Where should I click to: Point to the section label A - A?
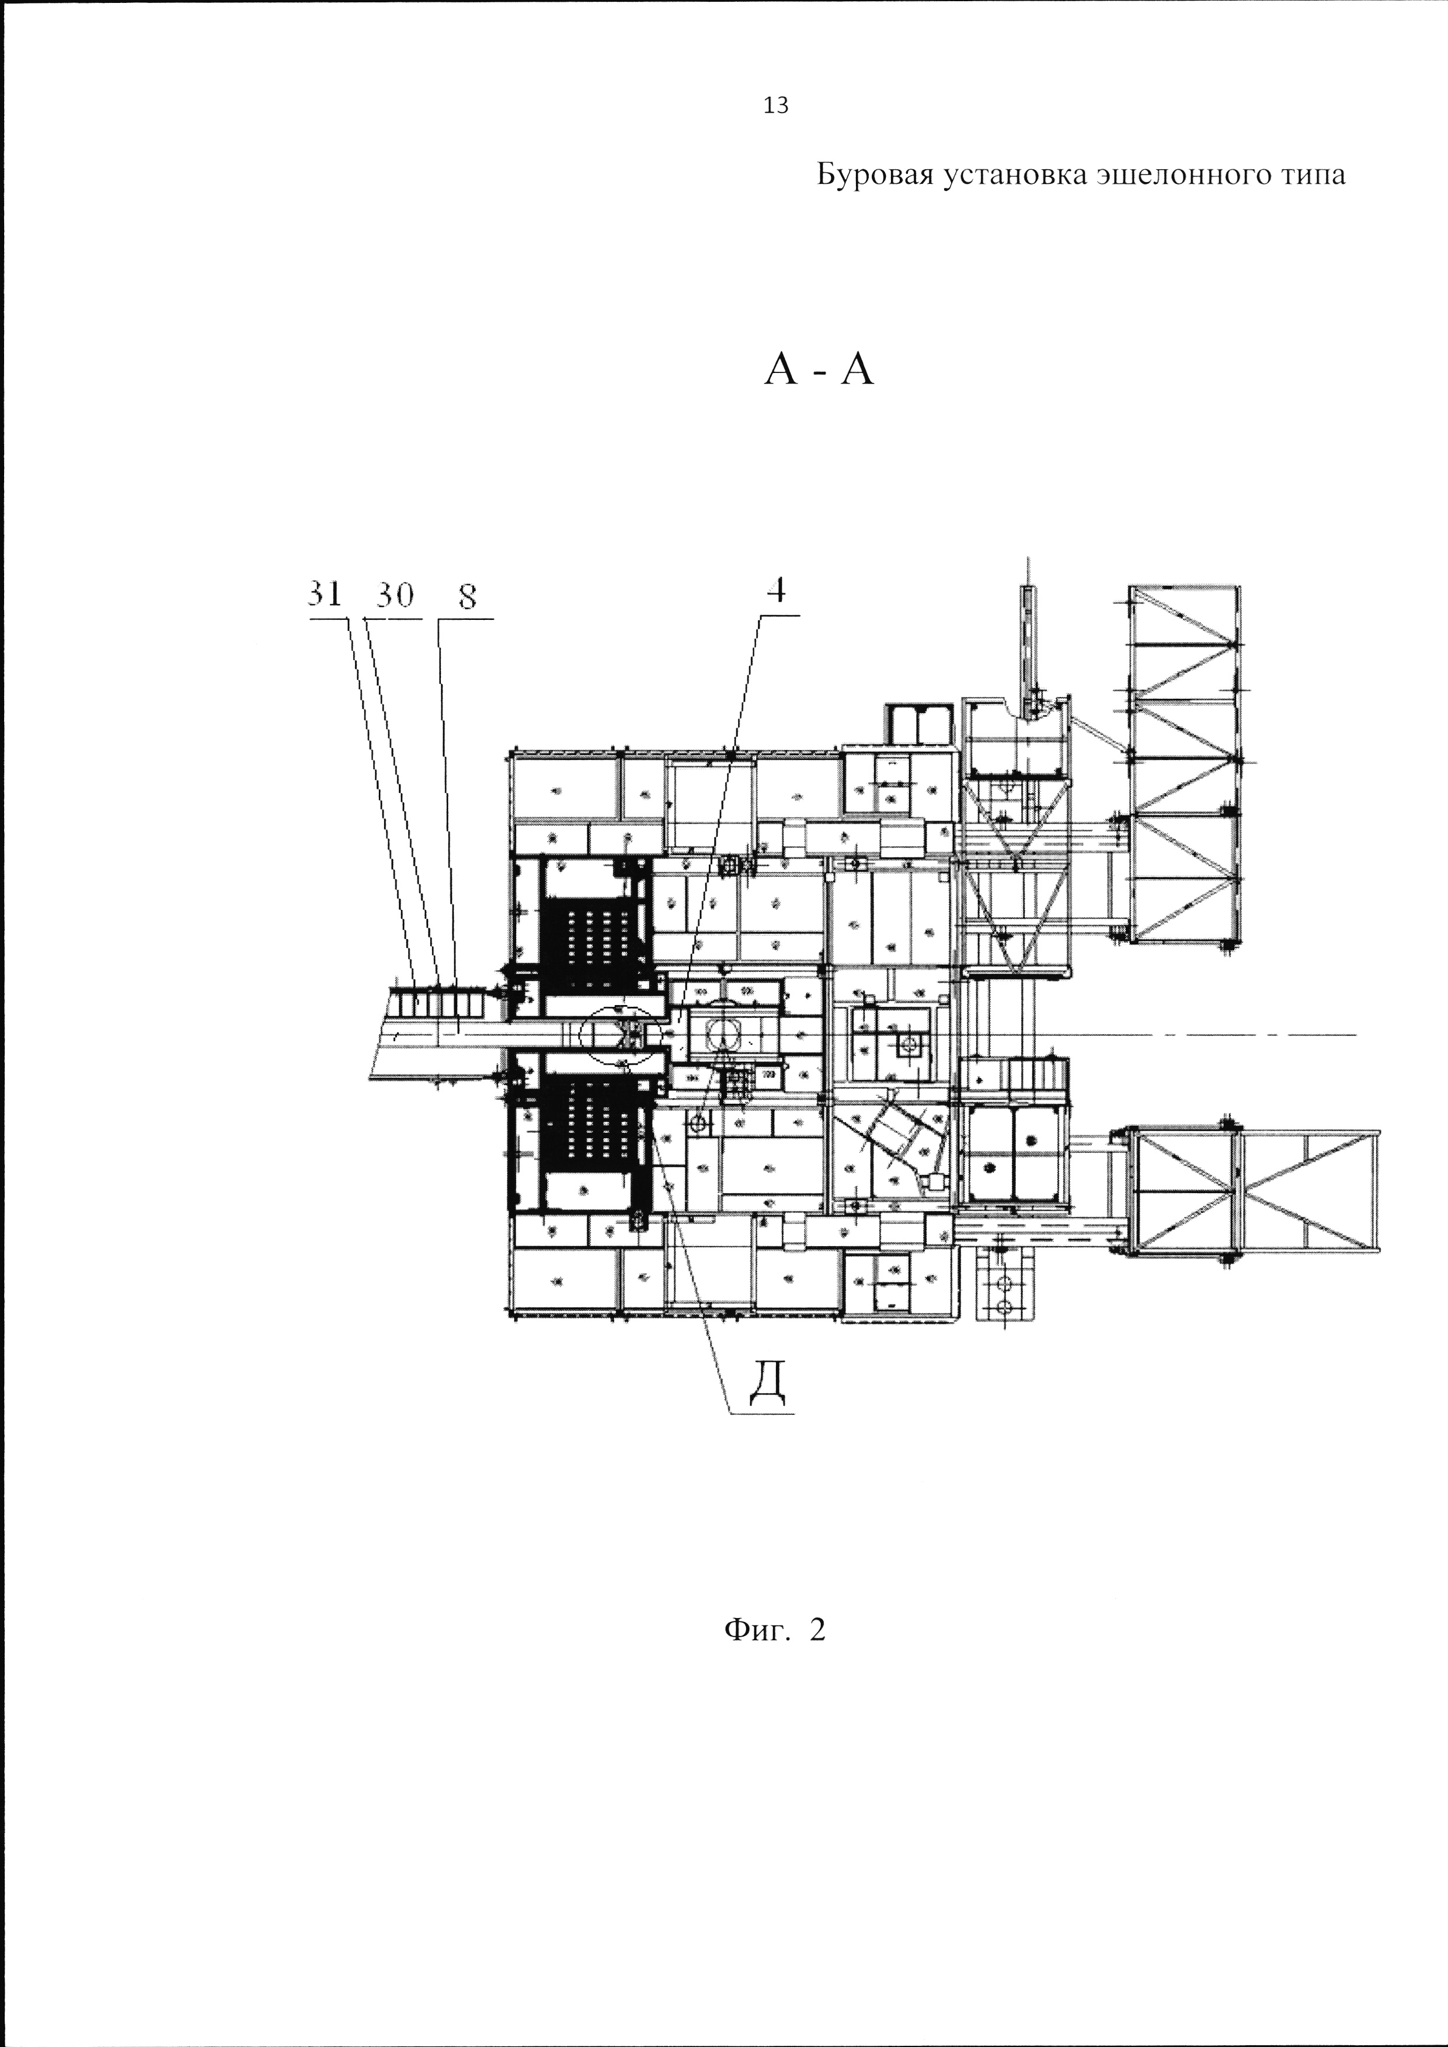(x=819, y=368)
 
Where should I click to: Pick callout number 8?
(x=467, y=595)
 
